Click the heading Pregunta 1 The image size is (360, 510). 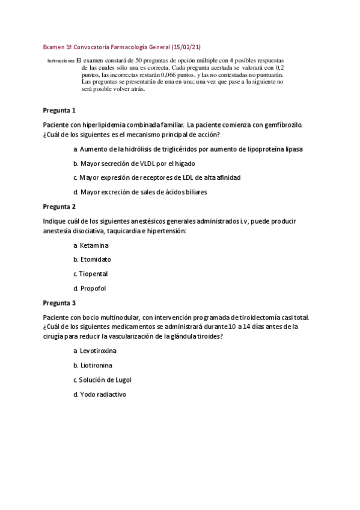[x=59, y=111]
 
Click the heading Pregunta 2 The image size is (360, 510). [x=59, y=206]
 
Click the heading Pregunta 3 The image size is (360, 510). [x=59, y=303]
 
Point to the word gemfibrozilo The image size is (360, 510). [x=280, y=125]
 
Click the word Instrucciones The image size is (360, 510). [x=60, y=61]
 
